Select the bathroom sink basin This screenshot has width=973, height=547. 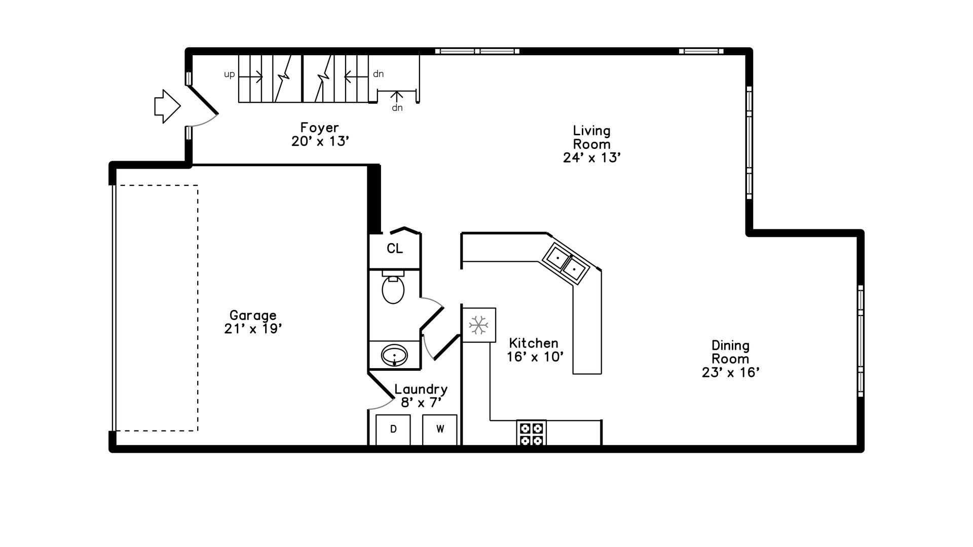click(394, 355)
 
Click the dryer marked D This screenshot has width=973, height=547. click(393, 429)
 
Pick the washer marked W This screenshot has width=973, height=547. click(440, 429)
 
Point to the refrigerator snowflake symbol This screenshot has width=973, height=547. click(478, 325)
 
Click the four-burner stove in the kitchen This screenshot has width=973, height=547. click(532, 434)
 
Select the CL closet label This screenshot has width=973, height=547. click(395, 249)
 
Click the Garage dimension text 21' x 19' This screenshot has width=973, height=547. click(253, 329)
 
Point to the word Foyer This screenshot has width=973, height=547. click(319, 128)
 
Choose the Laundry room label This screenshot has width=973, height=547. click(421, 389)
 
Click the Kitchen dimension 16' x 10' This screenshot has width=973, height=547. click(535, 357)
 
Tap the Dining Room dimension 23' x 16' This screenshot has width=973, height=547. click(730, 373)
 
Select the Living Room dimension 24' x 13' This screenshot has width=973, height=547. click(592, 158)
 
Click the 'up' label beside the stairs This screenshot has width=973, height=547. click(230, 74)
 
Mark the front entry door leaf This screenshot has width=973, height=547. click(203, 100)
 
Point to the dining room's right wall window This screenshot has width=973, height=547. click(860, 341)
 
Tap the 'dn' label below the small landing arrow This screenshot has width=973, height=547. click(397, 108)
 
